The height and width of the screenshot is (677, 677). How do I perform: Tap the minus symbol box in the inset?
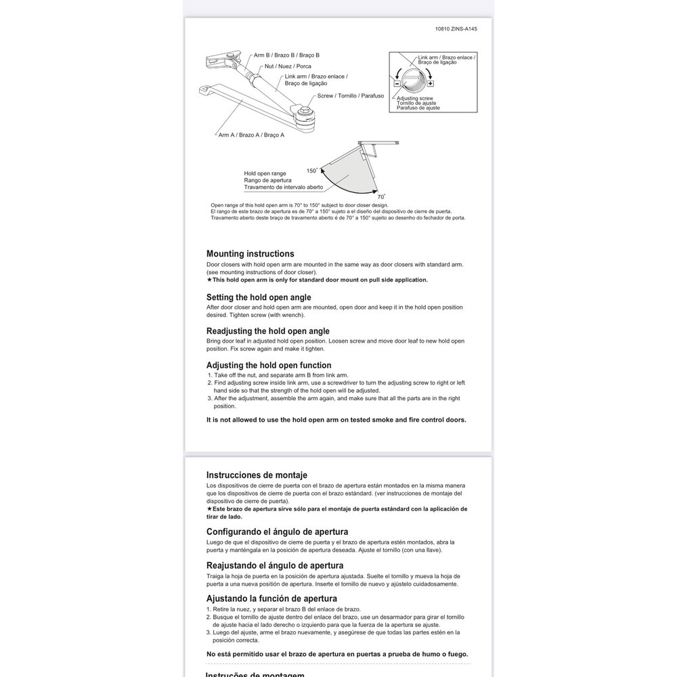pyautogui.click(x=397, y=83)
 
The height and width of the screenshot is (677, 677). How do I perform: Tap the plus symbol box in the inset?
pyautogui.click(x=431, y=83)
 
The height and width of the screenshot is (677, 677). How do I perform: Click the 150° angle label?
pyautogui.click(x=311, y=171)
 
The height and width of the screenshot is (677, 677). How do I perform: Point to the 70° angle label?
pyautogui.click(x=372, y=196)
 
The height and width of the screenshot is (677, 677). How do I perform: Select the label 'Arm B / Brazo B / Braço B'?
pyautogui.click(x=286, y=55)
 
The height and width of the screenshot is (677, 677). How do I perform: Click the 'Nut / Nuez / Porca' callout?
pyautogui.click(x=288, y=66)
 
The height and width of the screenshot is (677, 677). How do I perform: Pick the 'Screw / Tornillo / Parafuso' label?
pyautogui.click(x=351, y=96)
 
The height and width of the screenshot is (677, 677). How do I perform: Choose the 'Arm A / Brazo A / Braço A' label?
pyautogui.click(x=251, y=135)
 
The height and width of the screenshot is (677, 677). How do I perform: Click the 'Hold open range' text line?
pyautogui.click(x=265, y=173)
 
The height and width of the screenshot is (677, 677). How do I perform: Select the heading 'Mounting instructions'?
pyautogui.click(x=250, y=254)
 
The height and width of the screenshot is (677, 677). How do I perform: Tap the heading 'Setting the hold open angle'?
pyautogui.click(x=259, y=297)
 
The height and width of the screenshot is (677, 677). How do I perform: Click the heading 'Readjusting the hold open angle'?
pyautogui.click(x=267, y=331)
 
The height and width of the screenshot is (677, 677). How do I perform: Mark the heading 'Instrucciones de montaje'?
pyautogui.click(x=257, y=475)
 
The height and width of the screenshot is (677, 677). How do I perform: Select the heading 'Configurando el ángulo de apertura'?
pyautogui.click(x=277, y=531)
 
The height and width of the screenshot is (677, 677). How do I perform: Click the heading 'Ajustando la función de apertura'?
pyautogui.click(x=271, y=598)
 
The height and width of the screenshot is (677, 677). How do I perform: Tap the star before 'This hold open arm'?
pyautogui.click(x=210, y=280)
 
